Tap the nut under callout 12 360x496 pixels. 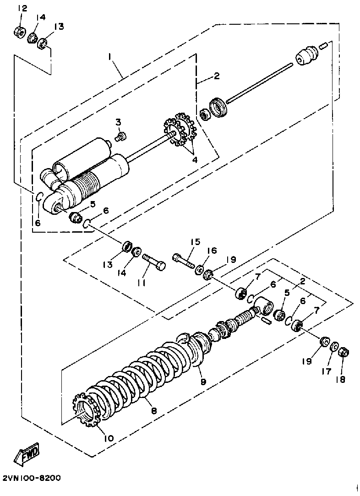pyautogui.click(x=20, y=33)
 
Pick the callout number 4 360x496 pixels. pyautogui.click(x=195, y=159)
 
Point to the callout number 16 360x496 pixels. pyautogui.click(x=211, y=251)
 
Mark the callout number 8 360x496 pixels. pyautogui.click(x=154, y=410)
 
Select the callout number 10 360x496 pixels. pyautogui.click(x=109, y=438)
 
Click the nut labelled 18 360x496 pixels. pyautogui.click(x=343, y=352)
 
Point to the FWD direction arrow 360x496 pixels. pyautogui.click(x=28, y=453)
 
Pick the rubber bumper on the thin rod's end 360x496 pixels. pyautogui.click(x=306, y=55)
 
